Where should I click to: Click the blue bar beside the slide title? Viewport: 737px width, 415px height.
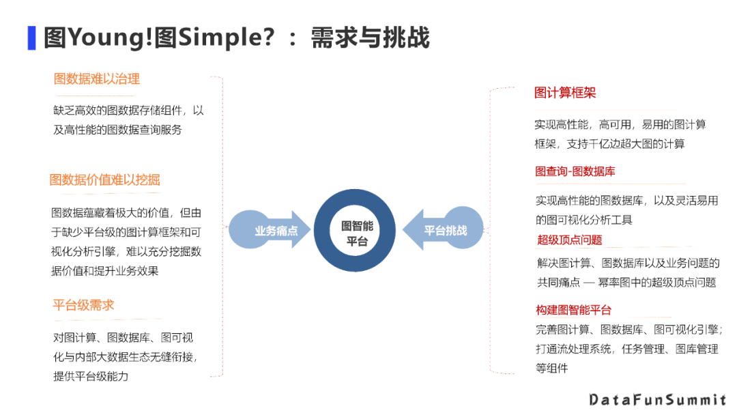pyautogui.click(x=31, y=38)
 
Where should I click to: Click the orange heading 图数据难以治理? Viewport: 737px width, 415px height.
pyautogui.click(x=97, y=79)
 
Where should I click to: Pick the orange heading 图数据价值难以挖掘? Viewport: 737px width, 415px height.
pyautogui.click(x=104, y=180)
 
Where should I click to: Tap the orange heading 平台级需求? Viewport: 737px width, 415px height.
pyautogui.click(x=83, y=305)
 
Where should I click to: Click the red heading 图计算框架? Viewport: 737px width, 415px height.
pyautogui.click(x=565, y=93)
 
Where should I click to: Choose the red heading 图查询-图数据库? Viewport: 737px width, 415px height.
pyautogui.click(x=575, y=171)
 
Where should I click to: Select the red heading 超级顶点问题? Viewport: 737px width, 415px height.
pyautogui.click(x=570, y=240)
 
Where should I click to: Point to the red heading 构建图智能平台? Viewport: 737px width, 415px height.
pyautogui.click(x=573, y=310)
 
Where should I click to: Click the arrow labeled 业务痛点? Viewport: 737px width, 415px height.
pyautogui.click(x=270, y=231)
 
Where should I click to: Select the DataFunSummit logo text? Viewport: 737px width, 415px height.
pyautogui.click(x=658, y=399)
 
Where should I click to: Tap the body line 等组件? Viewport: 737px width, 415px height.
pyautogui.click(x=552, y=369)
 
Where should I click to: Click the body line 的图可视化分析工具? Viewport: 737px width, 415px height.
pyautogui.click(x=584, y=220)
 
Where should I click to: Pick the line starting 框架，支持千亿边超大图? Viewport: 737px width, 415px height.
pyautogui.click(x=609, y=143)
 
